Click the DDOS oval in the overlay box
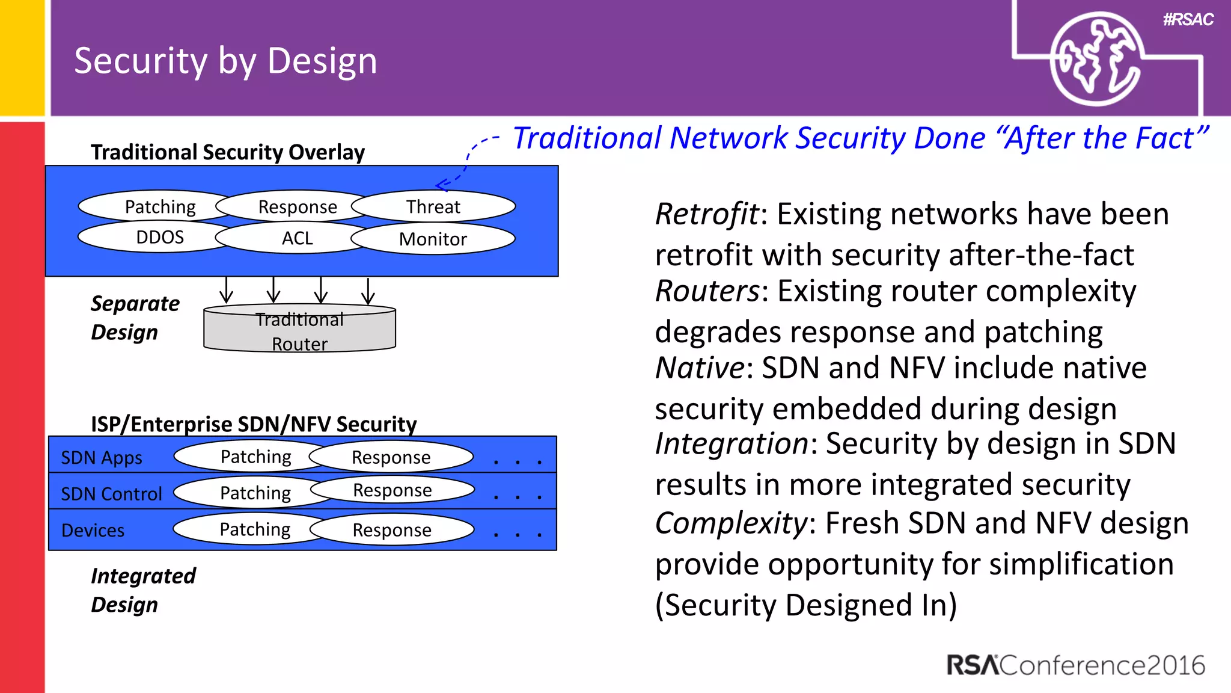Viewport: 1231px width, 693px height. coord(159,237)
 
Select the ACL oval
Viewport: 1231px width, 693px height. coord(298,238)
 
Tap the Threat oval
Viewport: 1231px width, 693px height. coord(433,207)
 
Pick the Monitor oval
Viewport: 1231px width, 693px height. coord(433,239)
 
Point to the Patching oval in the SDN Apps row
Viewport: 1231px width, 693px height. coord(255,457)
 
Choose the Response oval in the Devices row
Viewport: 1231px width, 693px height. coord(392,530)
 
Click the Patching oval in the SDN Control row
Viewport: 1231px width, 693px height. coord(255,493)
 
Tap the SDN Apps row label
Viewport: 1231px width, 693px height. coord(102,458)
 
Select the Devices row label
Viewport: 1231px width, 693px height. coord(93,531)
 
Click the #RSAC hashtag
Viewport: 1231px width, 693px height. coord(1188,20)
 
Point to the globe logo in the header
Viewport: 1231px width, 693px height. coord(1095,59)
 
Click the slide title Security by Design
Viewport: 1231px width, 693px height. coord(225,61)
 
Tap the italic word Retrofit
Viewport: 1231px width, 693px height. coord(707,214)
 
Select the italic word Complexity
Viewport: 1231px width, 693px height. coord(731,523)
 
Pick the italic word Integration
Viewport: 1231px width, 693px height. coord(732,444)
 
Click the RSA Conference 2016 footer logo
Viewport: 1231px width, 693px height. coord(1075,665)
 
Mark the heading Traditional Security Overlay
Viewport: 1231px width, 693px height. coord(228,152)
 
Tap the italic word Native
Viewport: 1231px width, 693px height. coord(700,368)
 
